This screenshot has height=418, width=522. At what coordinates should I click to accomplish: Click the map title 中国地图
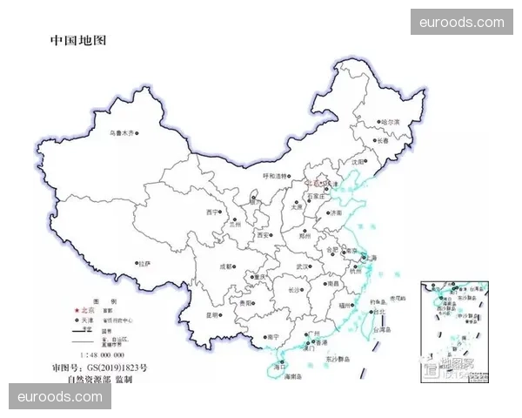(78, 40)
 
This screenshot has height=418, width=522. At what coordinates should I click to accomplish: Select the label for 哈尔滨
(389, 123)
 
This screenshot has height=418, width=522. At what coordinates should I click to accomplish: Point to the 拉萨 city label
(144, 262)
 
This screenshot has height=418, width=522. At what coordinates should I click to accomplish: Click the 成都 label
(225, 266)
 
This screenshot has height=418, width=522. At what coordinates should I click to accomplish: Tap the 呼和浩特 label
(275, 176)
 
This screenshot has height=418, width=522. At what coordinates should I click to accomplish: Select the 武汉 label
(303, 266)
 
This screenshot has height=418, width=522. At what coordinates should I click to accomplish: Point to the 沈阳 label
(358, 162)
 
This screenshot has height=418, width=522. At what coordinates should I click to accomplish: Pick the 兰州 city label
(232, 224)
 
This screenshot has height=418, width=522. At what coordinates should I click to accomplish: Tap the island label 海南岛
(294, 375)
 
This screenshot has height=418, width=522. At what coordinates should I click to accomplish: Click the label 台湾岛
(382, 330)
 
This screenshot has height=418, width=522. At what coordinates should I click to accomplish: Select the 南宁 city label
(273, 336)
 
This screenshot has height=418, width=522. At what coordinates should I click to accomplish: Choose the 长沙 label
(295, 290)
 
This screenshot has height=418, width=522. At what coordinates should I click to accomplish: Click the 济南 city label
(335, 212)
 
